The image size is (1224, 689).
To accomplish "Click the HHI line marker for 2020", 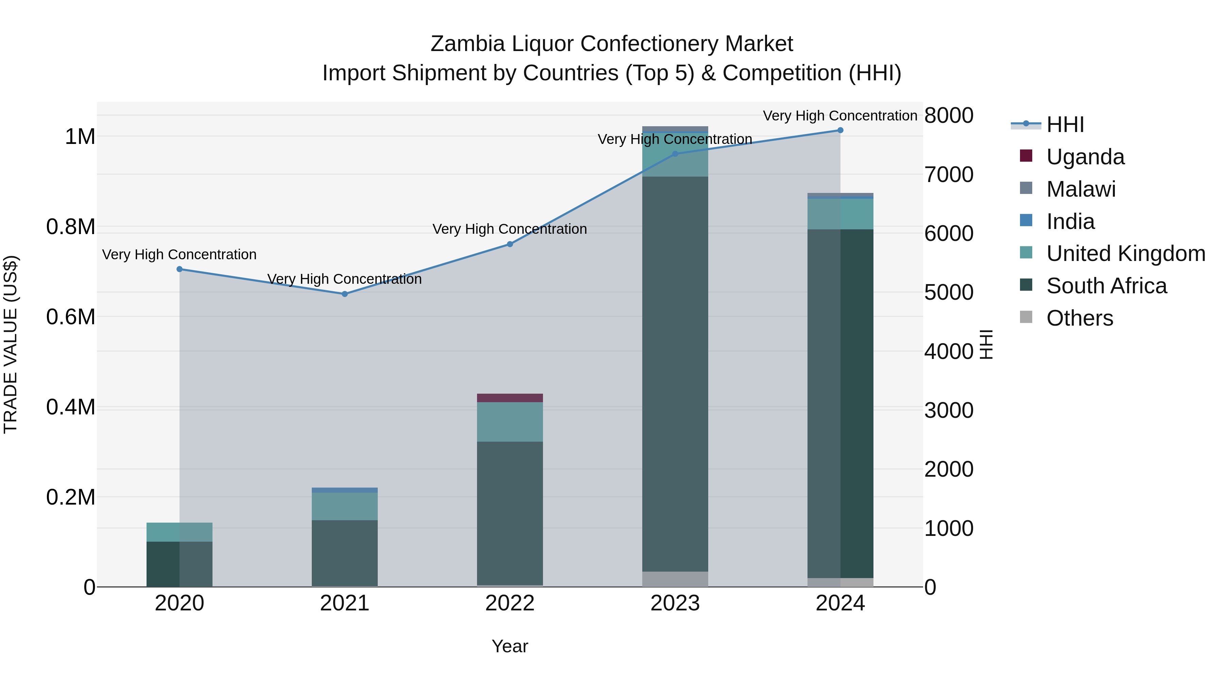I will (180, 269).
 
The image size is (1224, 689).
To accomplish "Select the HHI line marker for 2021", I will (345, 294).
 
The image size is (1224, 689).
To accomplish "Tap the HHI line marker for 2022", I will (510, 244).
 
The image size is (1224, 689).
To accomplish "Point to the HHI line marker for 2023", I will (675, 153).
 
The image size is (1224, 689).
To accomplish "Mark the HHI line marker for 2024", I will (840, 130).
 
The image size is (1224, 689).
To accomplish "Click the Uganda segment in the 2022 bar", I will (510, 398).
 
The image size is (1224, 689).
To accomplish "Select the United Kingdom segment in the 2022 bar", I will (510, 422).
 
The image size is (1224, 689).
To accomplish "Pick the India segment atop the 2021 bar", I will (345, 490).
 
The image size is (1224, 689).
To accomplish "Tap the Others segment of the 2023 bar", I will (675, 579).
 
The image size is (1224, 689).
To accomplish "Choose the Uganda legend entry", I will (1085, 157).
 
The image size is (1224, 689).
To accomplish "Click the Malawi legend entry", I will (1081, 189).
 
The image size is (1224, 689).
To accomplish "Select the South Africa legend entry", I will (1106, 286).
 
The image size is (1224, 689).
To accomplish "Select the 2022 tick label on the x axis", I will (510, 603).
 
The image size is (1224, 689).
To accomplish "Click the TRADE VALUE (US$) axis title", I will (11, 344).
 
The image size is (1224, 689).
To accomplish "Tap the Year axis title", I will (510, 646).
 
